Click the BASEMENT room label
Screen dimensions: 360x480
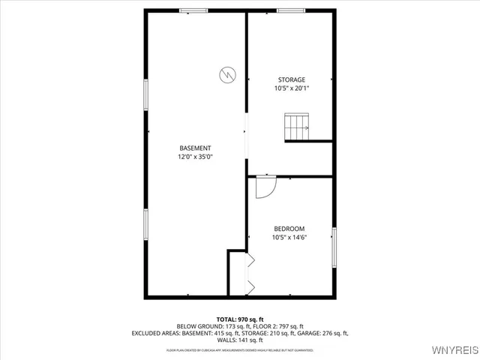(x=194, y=148)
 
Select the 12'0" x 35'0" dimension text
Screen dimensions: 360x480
(x=194, y=157)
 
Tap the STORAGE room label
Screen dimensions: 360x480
(x=292, y=79)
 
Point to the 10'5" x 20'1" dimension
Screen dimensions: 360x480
(x=292, y=88)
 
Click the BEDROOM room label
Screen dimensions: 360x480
(x=289, y=229)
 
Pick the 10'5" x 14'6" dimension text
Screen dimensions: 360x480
(x=289, y=238)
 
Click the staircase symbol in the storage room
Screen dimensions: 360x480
(x=296, y=127)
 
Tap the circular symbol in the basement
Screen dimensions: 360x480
(x=226, y=74)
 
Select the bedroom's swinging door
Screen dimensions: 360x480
(x=265, y=187)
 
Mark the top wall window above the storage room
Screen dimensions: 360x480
(x=290, y=10)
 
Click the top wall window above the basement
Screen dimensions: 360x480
(x=193, y=10)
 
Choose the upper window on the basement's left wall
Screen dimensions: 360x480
(x=146, y=95)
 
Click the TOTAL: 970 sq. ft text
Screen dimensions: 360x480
(x=240, y=319)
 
